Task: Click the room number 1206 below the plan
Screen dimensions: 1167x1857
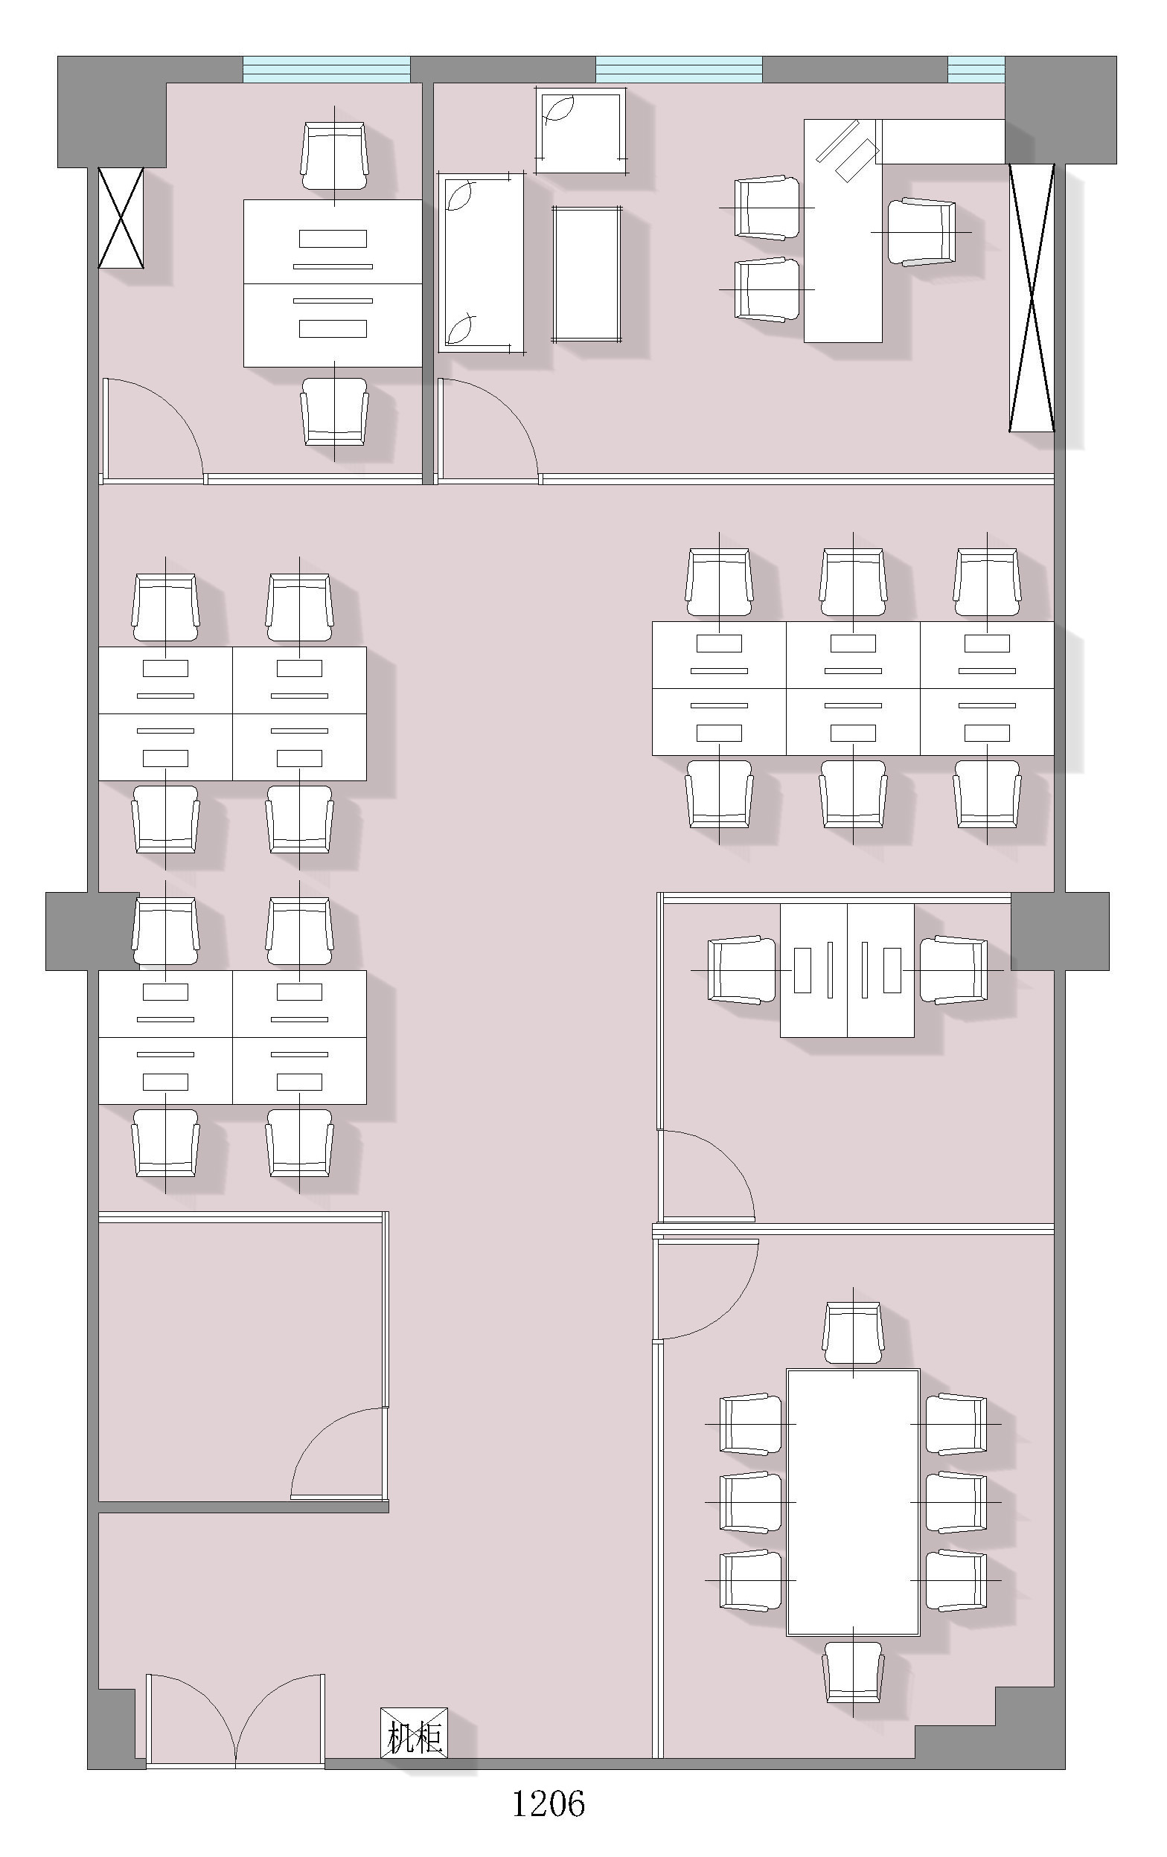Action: tap(549, 1803)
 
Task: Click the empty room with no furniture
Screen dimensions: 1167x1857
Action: tap(239, 1360)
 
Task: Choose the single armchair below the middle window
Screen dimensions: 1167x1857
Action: tap(579, 131)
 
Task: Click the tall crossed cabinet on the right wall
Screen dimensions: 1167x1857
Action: tap(1032, 297)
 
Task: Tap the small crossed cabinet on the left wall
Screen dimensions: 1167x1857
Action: tap(121, 217)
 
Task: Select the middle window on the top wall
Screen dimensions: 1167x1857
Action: tap(679, 69)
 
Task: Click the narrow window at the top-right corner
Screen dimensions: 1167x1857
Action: tap(976, 69)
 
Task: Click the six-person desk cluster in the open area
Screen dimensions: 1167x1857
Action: tap(852, 688)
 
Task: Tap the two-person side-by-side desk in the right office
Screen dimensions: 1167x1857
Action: tap(847, 970)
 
